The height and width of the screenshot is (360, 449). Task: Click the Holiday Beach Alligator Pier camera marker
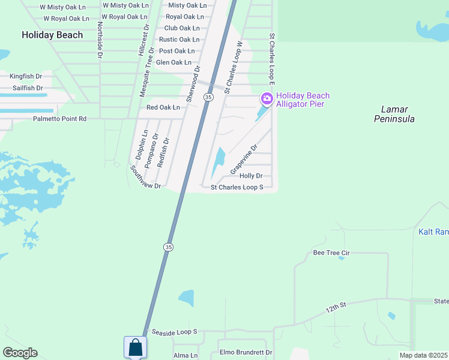pos(267,98)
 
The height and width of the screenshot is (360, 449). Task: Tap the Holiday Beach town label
pos(52,35)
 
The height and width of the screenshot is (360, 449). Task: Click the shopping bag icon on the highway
pos(135,347)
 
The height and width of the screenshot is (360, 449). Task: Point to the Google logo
pos(20,353)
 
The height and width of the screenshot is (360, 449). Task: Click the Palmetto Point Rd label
pos(59,119)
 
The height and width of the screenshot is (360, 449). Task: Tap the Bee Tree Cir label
pos(331,253)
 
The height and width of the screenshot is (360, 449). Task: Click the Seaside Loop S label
pos(174,332)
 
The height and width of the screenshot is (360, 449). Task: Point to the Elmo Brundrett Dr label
pos(246,353)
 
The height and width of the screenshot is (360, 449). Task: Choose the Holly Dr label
pos(251,176)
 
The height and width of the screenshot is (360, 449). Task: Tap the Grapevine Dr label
pos(244,160)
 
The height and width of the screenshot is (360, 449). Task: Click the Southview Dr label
pos(145,178)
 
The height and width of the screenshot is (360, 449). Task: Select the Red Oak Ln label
pos(163,107)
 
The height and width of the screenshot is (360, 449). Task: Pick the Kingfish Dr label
pos(26,76)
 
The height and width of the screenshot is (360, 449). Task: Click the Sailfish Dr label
pos(27,88)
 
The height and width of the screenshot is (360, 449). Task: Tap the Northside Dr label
pos(100,41)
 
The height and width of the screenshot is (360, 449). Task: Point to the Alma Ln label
pos(185,355)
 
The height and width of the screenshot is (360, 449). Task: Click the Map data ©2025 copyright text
pos(423,355)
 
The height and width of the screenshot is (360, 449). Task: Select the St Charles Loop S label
pos(237,187)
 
